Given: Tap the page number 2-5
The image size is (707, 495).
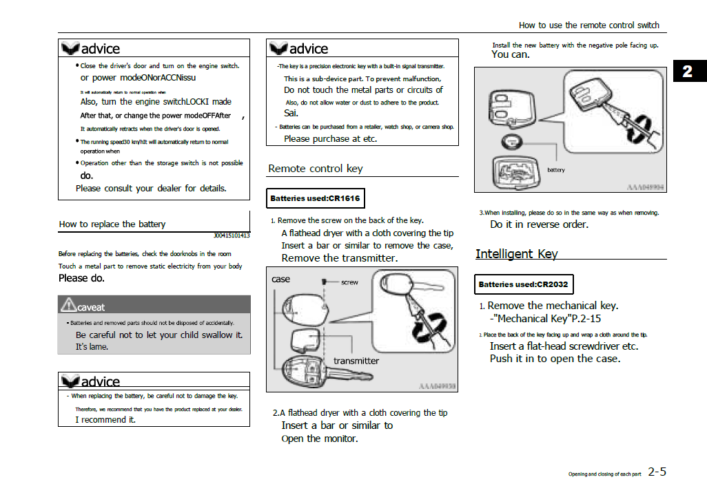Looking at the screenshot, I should pyautogui.click(x=657, y=472).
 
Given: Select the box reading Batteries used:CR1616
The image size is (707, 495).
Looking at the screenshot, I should pyautogui.click(x=315, y=198).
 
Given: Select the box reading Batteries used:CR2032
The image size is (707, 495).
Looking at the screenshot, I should pyautogui.click(x=524, y=284).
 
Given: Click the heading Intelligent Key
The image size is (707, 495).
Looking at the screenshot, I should pyautogui.click(x=516, y=253).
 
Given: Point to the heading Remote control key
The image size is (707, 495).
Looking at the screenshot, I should pyautogui.click(x=315, y=169).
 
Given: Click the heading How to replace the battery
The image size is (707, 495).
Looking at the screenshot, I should pyautogui.click(x=112, y=224).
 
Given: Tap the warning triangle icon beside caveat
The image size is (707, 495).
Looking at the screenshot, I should pyautogui.click(x=68, y=304).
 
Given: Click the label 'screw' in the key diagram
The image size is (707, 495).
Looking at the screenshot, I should pyautogui.click(x=349, y=282).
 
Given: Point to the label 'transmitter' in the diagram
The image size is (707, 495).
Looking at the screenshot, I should pyautogui.click(x=356, y=361).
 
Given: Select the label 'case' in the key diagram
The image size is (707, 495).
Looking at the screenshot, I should pyautogui.click(x=280, y=280).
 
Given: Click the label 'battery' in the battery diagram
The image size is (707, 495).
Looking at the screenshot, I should pyautogui.click(x=555, y=170).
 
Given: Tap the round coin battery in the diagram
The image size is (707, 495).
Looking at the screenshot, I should pyautogui.click(x=512, y=143).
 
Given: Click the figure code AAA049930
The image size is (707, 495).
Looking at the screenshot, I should pyautogui.click(x=436, y=386).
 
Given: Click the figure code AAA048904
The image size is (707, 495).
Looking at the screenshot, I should pyautogui.click(x=646, y=187).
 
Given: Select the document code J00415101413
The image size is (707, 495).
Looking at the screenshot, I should pyautogui.click(x=232, y=235).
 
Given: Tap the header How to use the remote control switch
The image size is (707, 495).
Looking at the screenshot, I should pyautogui.click(x=588, y=25).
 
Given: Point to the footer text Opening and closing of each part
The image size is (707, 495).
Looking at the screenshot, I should pyautogui.click(x=604, y=474).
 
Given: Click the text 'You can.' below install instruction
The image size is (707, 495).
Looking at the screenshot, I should pyautogui.click(x=510, y=55).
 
